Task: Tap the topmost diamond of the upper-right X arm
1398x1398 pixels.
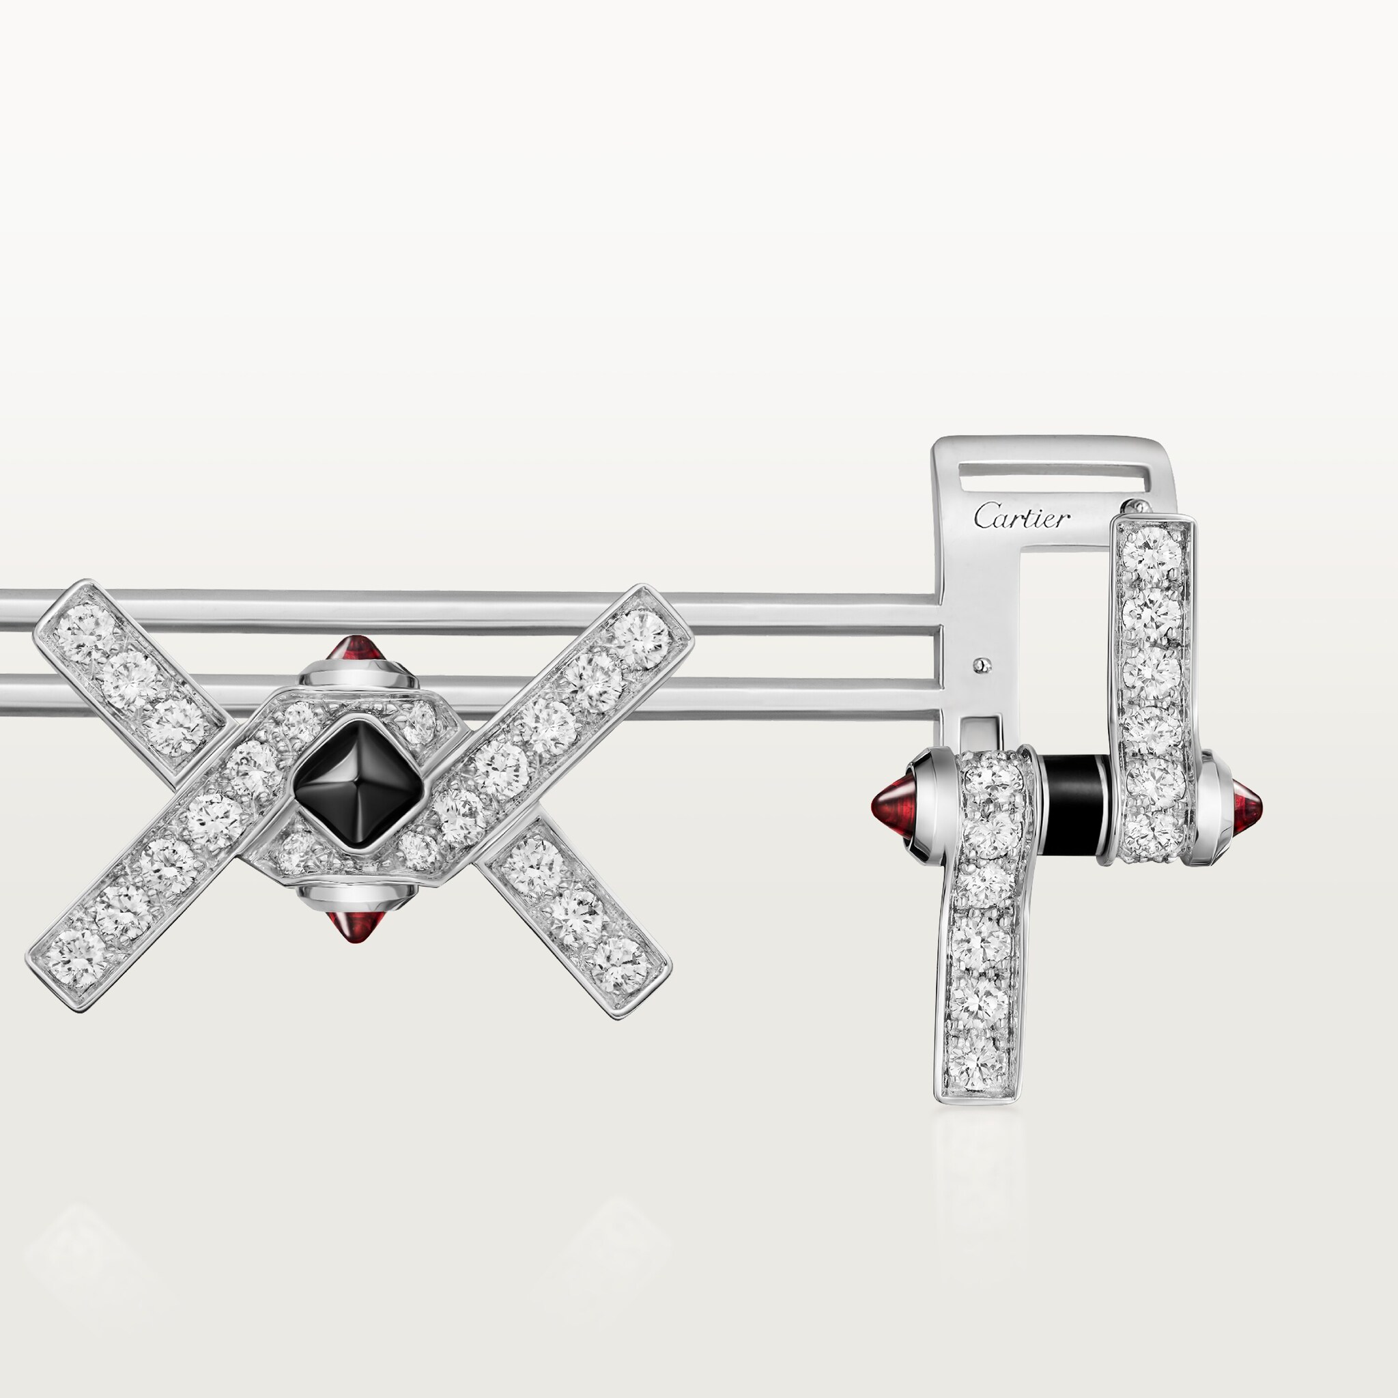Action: point(642,632)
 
